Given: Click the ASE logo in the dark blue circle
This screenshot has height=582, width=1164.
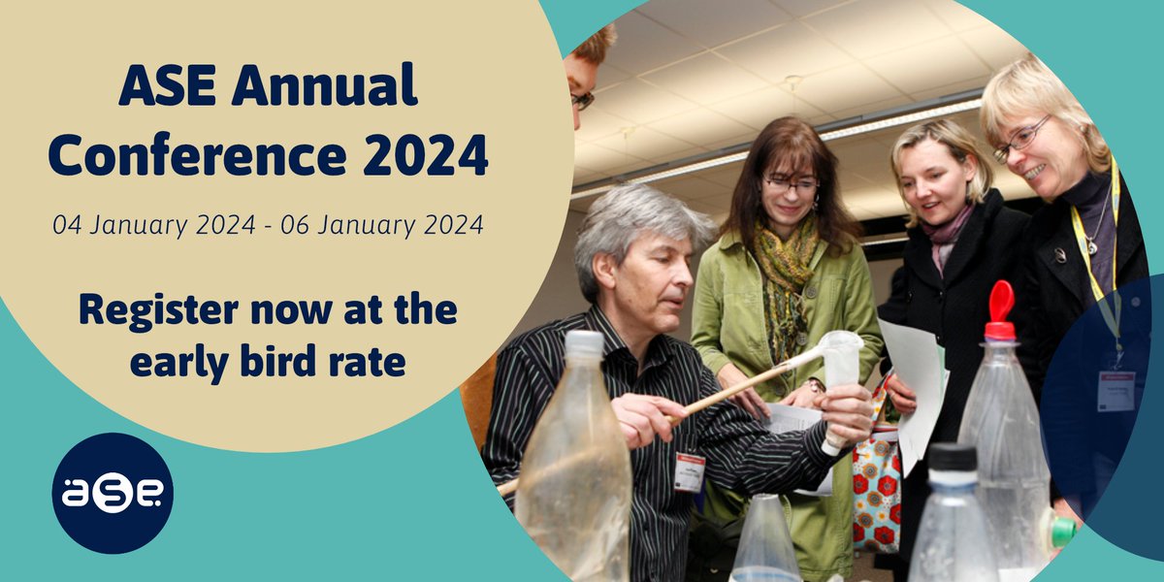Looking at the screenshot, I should coord(113,493).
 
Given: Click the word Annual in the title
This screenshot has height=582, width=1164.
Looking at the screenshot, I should coord(326,89).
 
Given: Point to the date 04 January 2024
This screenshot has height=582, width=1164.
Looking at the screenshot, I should coord(157,226).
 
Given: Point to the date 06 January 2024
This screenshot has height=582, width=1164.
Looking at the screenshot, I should coord(381,226).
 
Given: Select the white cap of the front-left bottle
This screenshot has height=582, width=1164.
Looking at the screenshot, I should coord(584,342).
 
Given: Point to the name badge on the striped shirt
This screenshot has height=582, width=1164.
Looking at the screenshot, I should coord(689,471).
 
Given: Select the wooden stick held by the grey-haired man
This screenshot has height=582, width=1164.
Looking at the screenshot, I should coord(737,389).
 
